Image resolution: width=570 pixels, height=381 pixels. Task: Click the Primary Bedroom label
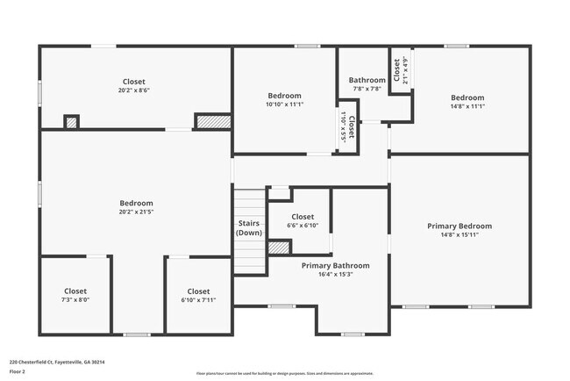click(x=459, y=226)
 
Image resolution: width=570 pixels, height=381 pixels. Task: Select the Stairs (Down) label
click(x=249, y=228)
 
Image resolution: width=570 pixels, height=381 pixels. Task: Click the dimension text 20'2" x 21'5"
click(x=136, y=212)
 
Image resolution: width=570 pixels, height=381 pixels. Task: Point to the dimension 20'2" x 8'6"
click(x=136, y=90)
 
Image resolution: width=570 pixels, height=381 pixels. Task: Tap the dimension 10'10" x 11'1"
click(x=284, y=104)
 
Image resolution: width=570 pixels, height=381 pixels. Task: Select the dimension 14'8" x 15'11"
click(x=459, y=234)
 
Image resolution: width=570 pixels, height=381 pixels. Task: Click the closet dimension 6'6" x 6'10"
click(x=303, y=225)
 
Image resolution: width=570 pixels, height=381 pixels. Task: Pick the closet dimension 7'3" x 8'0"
click(x=75, y=299)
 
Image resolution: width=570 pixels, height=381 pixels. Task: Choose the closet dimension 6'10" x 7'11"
click(x=198, y=299)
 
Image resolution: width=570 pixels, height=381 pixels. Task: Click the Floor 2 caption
click(x=18, y=371)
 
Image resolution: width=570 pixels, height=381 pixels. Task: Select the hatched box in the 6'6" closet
click(x=279, y=248)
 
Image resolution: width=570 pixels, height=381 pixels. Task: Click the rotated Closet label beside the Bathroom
click(x=397, y=70)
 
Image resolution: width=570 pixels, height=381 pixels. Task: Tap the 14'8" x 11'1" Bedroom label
click(x=467, y=97)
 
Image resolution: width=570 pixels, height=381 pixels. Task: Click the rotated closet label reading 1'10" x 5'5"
click(x=343, y=130)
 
